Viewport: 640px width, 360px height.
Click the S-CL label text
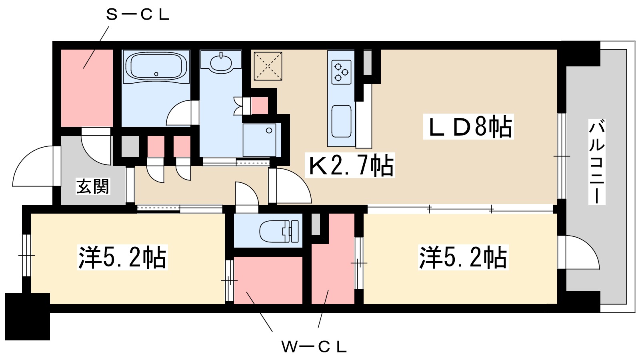point(138,15)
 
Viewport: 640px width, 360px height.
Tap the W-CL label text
point(314,347)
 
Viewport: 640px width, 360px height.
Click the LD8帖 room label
point(468,127)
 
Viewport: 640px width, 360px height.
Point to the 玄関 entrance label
point(93,187)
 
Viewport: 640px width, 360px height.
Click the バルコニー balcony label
point(597,162)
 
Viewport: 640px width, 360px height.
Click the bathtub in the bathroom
point(156,66)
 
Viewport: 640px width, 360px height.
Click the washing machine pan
point(259,140)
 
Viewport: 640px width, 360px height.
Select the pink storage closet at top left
point(87,88)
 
